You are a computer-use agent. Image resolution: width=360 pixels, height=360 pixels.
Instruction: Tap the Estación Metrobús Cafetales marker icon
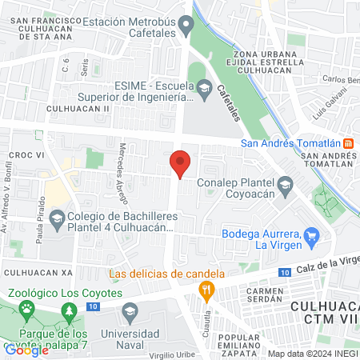pos(186,25)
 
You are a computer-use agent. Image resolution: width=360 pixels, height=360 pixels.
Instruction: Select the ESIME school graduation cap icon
pos(204,86)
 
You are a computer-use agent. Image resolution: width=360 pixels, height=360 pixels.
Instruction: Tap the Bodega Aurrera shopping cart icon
pos(312,236)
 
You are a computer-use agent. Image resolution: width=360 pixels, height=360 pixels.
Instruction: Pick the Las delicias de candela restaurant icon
pos(207,290)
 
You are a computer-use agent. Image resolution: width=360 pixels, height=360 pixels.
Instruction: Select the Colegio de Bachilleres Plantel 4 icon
pos(57,218)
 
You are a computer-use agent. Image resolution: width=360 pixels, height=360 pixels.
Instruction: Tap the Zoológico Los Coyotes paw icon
pos(28,308)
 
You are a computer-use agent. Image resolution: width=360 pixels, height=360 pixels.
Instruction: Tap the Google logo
pos(26,350)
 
